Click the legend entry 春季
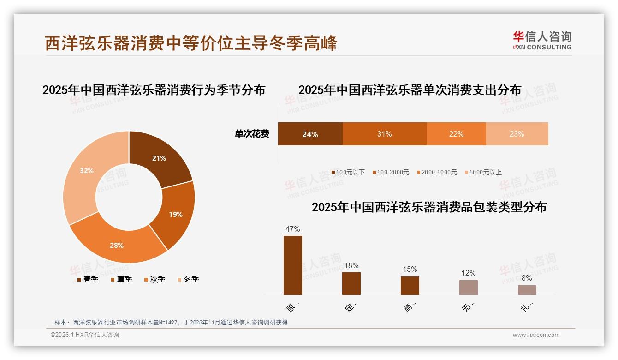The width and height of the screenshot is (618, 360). pos(87,279)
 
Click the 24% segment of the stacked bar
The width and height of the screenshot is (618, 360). pos(310,134)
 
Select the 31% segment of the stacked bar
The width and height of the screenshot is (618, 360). pos(384,134)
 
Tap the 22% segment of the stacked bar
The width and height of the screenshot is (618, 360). pos(456,134)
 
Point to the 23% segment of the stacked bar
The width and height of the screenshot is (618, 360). pos(517,134)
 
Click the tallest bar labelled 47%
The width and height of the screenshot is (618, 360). pos(293,265)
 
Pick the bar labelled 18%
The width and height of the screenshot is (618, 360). pos(351,283)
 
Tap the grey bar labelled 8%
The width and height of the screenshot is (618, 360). pos(527,290)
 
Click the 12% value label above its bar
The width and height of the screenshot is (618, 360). pos(469,273)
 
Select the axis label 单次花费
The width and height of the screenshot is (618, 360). pos(252,134)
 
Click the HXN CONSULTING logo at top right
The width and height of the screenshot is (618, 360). pos(542,41)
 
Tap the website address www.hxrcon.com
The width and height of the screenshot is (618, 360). pos(536,335)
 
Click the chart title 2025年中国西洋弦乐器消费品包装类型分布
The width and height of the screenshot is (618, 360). pos(429,207)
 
